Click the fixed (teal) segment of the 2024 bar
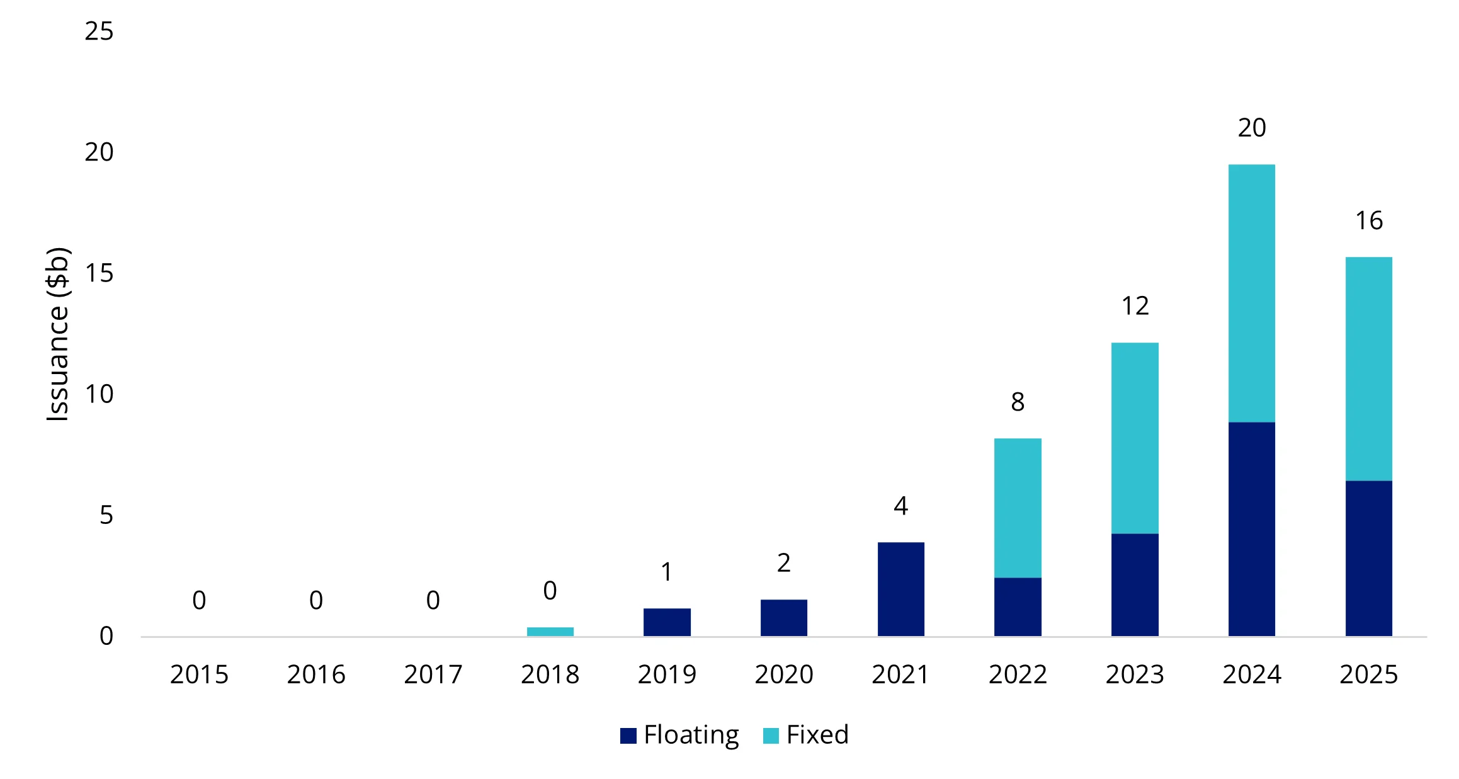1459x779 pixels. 1251,293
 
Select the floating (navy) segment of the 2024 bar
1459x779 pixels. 1251,529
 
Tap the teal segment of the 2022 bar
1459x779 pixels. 1018,508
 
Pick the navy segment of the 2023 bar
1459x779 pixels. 1135,584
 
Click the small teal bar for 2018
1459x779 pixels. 550,631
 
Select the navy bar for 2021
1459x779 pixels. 900,589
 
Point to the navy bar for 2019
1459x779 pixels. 667,622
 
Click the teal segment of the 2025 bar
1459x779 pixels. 1368,368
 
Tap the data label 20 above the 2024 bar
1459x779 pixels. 1251,128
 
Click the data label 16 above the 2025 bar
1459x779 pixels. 1368,221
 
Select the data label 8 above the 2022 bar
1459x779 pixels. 1018,402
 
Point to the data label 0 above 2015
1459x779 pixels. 199,600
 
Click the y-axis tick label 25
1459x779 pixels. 99,31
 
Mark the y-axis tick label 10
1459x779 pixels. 99,394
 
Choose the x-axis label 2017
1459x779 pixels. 433,674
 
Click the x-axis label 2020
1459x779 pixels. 784,674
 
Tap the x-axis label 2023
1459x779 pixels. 1135,674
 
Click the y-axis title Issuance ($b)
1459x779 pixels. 57,334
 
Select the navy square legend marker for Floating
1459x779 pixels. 628,736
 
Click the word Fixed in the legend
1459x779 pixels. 817,734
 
